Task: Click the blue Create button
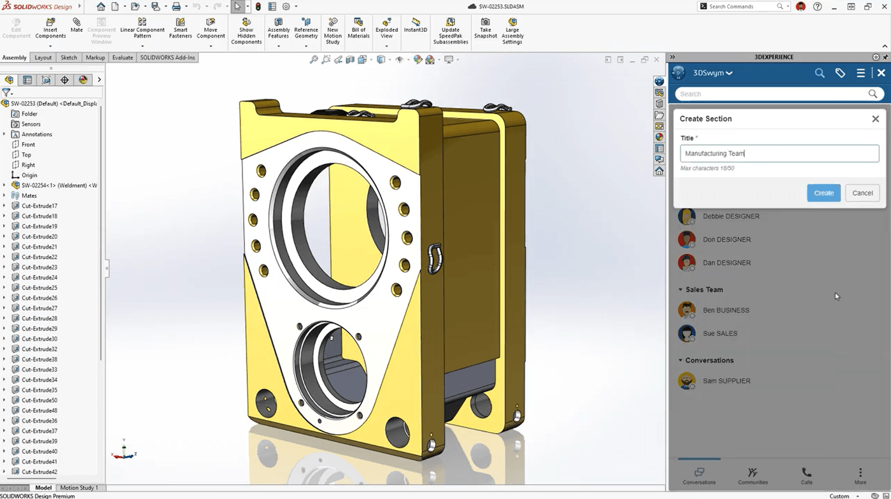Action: [824, 193]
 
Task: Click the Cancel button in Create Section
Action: [862, 193]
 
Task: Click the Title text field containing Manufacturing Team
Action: [779, 153]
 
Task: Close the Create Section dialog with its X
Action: [875, 119]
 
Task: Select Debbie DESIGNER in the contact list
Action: [731, 216]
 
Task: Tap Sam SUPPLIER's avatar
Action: [687, 381]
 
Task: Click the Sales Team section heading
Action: [704, 290]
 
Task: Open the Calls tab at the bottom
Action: [806, 476]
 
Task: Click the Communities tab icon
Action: [752, 472]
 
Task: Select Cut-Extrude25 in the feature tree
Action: [39, 288]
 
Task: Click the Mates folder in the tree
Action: [29, 195]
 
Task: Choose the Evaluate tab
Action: [122, 57]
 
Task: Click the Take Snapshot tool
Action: [485, 29]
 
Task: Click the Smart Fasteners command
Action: [180, 29]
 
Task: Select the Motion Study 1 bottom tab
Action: [79, 488]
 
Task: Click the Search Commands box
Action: [741, 6]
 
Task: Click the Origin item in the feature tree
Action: [29, 175]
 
